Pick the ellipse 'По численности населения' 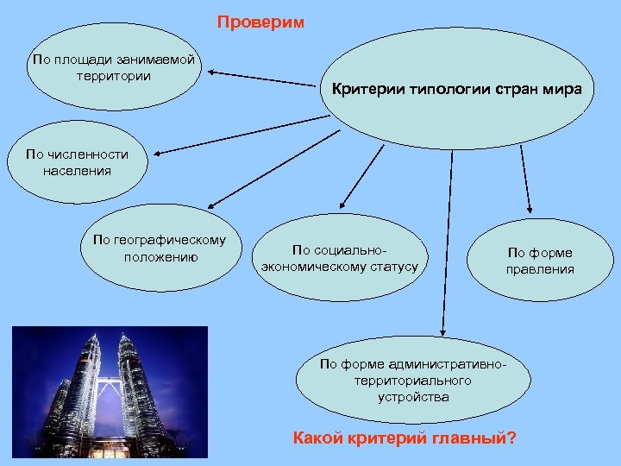click(x=77, y=163)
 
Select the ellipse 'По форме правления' click(x=540, y=261)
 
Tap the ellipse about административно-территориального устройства click(x=413, y=381)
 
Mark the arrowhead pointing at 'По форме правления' click(x=530, y=211)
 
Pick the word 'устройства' click(x=413, y=397)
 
